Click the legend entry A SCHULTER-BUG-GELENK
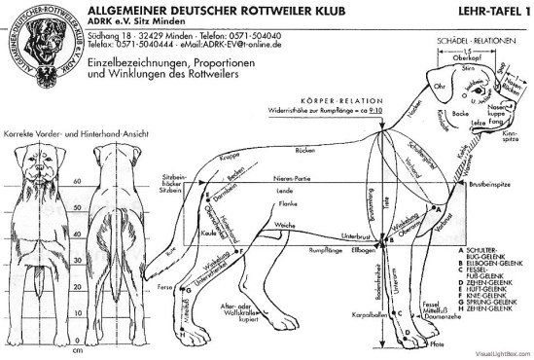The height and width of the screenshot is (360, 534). click(490, 252)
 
